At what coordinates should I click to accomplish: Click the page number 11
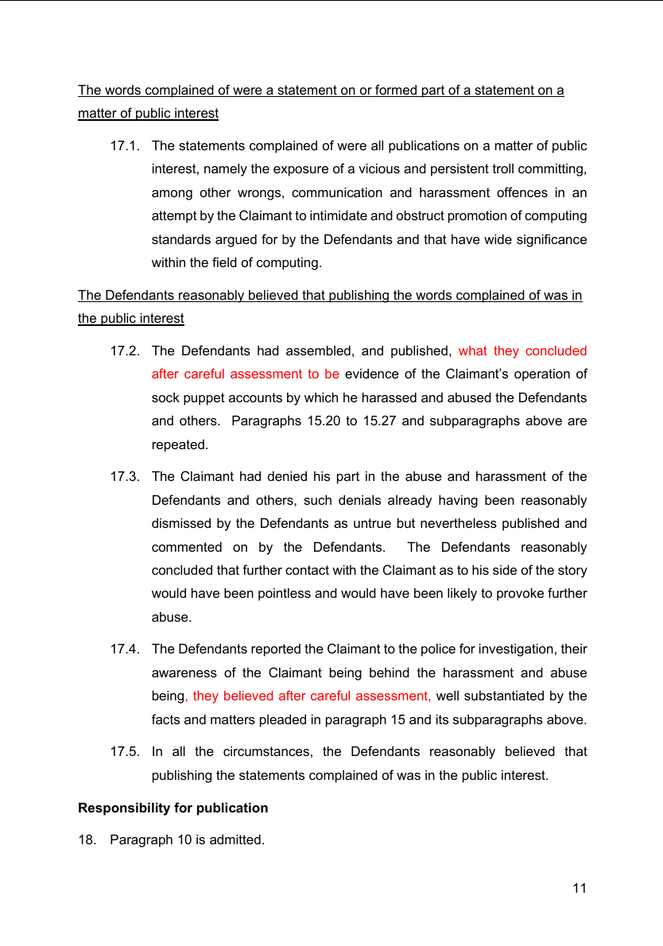(x=580, y=888)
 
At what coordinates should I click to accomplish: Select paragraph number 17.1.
(x=125, y=146)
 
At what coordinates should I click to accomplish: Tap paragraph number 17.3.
(x=125, y=477)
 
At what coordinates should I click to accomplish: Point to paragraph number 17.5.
(x=125, y=752)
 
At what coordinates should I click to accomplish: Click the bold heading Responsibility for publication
(x=173, y=808)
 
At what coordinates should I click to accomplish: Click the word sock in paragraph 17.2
(x=165, y=397)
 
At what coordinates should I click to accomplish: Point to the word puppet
(x=204, y=397)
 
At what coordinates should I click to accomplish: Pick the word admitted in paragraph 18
(x=236, y=839)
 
